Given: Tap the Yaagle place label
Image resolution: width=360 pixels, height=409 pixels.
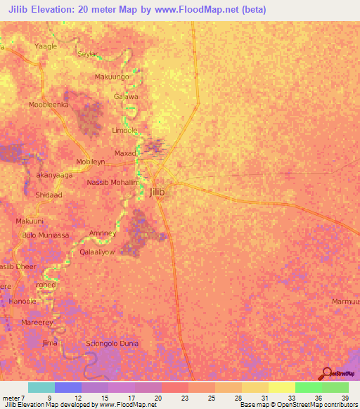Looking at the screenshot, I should (46, 46).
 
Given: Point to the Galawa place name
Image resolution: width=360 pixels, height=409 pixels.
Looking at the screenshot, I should (126, 97).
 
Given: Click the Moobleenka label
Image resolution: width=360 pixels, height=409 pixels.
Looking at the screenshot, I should (48, 104).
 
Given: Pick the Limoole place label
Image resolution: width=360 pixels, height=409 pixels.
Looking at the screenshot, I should (124, 131).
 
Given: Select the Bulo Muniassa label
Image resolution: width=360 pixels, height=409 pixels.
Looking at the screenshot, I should (45, 235).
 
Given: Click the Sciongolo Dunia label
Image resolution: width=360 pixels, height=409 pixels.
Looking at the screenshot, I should (112, 344).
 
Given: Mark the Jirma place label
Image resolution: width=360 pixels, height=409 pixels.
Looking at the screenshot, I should (49, 343).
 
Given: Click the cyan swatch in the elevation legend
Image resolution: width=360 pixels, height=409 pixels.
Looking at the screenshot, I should (41, 387).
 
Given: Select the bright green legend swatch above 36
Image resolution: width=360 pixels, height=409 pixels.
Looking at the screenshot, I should (309, 387).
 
